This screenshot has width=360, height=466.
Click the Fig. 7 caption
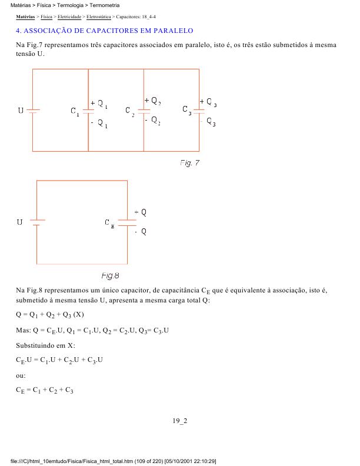pos(190,163)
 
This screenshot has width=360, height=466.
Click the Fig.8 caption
pos(111,275)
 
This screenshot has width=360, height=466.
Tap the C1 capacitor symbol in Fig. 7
pos(88,111)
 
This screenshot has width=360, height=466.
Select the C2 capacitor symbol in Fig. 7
pos(144,111)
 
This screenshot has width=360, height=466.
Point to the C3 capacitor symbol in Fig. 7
pos(200,111)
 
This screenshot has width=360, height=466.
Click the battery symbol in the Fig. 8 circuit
pos(37,222)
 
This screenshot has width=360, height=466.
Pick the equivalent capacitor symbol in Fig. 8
pos(127,222)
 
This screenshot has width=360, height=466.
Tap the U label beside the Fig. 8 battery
pos(20,222)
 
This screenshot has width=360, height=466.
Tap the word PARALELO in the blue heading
pos(171,30)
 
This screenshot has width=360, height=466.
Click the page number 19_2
pos(179,421)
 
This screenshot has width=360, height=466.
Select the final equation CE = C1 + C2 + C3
pos(45,390)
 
